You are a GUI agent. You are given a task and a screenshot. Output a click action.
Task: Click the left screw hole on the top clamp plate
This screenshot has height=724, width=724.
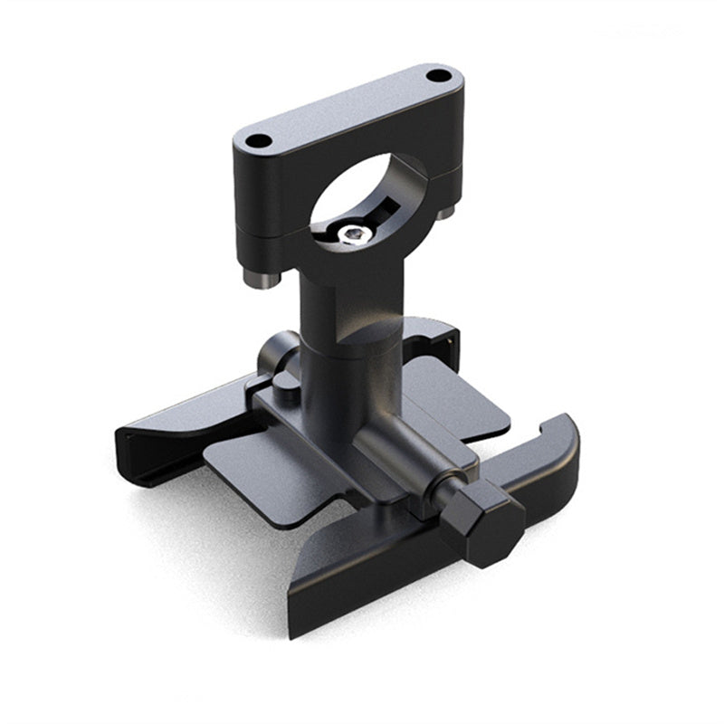(x=259, y=141)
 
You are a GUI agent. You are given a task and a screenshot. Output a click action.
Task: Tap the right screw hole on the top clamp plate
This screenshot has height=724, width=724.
(x=439, y=75)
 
